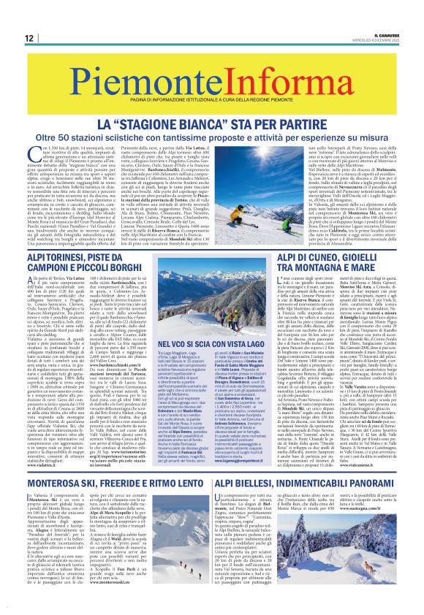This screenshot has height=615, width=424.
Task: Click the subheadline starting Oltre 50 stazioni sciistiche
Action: pos(212,118)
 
